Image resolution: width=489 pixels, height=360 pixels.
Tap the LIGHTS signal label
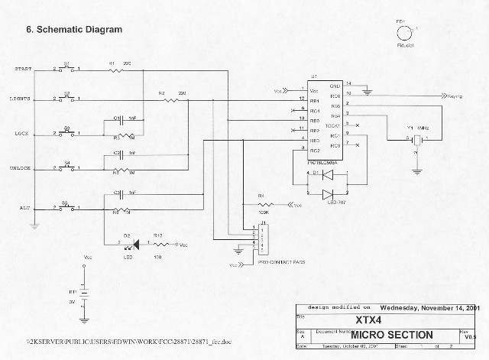click(21, 99)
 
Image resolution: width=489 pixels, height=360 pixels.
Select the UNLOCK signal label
click(21, 168)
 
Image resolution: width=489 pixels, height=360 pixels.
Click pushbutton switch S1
click(66, 70)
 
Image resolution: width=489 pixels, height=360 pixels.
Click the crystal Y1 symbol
click(416, 140)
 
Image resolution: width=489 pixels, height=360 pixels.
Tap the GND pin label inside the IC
click(335, 86)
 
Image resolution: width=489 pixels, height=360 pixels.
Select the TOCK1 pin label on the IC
click(332, 125)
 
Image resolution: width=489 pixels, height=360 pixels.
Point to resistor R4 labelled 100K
click(264, 205)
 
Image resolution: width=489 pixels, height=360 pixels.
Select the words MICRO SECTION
click(391, 335)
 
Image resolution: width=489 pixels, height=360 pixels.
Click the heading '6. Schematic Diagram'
click(74, 31)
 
